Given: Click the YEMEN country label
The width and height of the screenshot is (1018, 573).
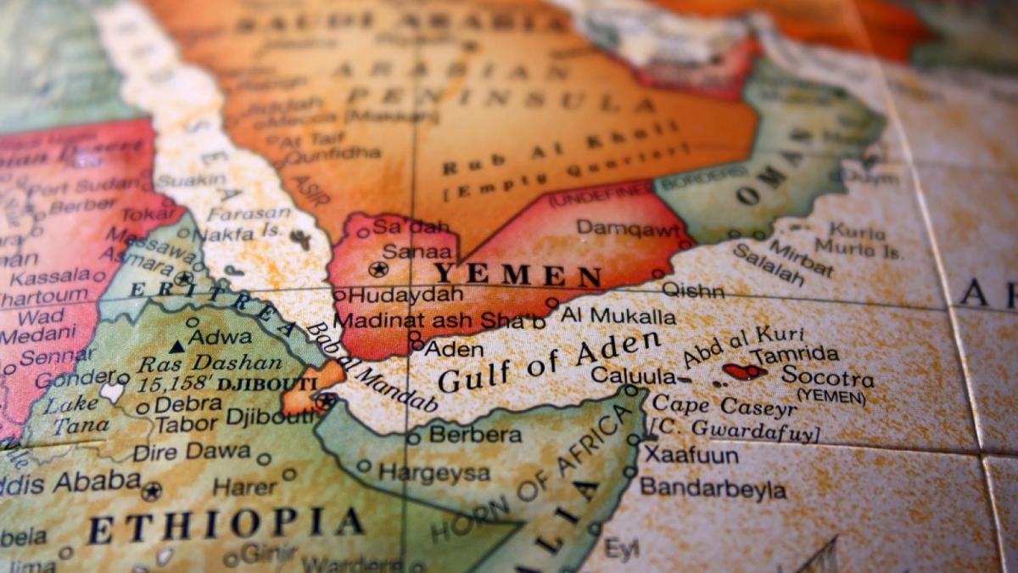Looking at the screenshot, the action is click(x=518, y=275).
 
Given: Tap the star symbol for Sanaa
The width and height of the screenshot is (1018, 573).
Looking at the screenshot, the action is click(x=378, y=269).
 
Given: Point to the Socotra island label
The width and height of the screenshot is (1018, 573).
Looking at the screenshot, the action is click(x=827, y=376).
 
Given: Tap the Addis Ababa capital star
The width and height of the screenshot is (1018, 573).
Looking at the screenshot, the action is click(x=152, y=491).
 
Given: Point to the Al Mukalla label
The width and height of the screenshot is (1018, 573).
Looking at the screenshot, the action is click(x=618, y=317).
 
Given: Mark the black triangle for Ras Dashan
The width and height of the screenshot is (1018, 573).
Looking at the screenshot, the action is click(x=176, y=346).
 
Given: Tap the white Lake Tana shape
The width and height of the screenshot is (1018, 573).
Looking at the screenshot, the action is click(x=112, y=392).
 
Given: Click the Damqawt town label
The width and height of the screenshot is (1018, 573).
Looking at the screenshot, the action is click(x=628, y=228).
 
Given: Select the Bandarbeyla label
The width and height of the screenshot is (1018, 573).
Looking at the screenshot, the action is click(x=713, y=489).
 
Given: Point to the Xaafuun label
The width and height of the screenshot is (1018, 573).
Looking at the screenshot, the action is click(x=691, y=455).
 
